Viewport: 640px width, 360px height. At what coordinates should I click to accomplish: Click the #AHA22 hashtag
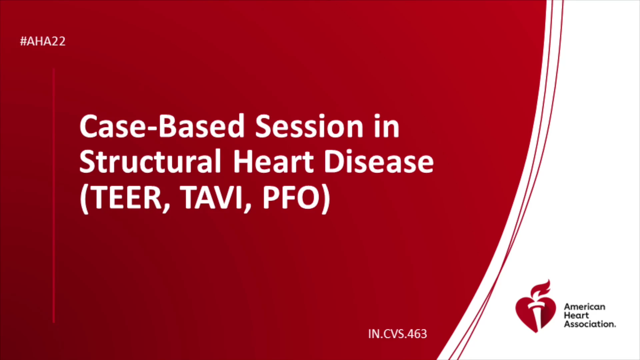tap(43, 41)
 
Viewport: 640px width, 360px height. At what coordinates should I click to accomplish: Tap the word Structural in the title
tap(150, 161)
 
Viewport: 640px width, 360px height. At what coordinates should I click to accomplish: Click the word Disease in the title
tap(379, 161)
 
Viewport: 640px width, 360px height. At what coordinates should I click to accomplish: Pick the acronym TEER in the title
tap(126, 197)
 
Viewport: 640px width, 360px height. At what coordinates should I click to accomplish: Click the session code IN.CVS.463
tap(397, 334)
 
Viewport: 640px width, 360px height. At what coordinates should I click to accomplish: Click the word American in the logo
tap(585, 307)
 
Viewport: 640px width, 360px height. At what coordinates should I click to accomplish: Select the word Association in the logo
tap(590, 324)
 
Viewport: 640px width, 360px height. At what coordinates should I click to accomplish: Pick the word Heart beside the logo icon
tap(576, 315)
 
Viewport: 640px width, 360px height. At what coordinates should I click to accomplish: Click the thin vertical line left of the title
tap(54, 196)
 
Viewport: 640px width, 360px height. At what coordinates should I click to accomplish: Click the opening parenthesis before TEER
tap(84, 199)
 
